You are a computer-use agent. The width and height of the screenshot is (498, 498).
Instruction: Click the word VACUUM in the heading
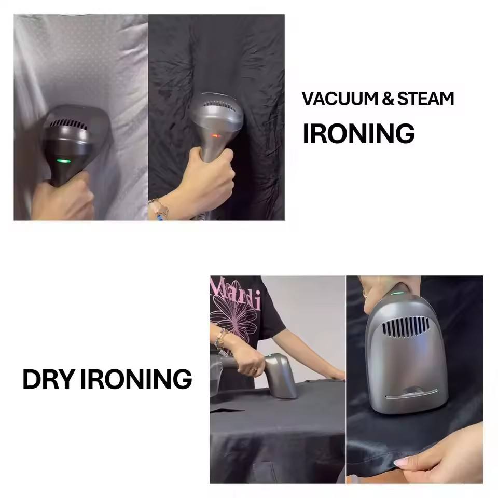click(x=339, y=99)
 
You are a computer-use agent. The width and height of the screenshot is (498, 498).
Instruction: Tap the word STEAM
click(x=425, y=99)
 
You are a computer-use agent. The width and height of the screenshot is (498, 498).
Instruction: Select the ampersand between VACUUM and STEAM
click(x=388, y=99)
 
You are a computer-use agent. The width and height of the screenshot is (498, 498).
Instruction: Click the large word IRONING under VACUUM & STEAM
click(x=359, y=133)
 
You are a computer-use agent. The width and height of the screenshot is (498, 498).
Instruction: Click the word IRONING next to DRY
click(x=136, y=379)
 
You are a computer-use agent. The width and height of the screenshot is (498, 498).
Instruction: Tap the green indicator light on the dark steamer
click(x=63, y=161)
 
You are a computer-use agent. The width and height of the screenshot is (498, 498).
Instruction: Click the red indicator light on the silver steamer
click(x=216, y=136)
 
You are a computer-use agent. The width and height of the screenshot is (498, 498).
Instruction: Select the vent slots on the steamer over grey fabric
click(x=68, y=124)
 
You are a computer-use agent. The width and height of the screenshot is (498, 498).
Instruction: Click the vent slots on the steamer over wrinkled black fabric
click(x=219, y=105)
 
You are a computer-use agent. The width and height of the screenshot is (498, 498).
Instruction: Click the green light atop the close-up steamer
click(x=398, y=293)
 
